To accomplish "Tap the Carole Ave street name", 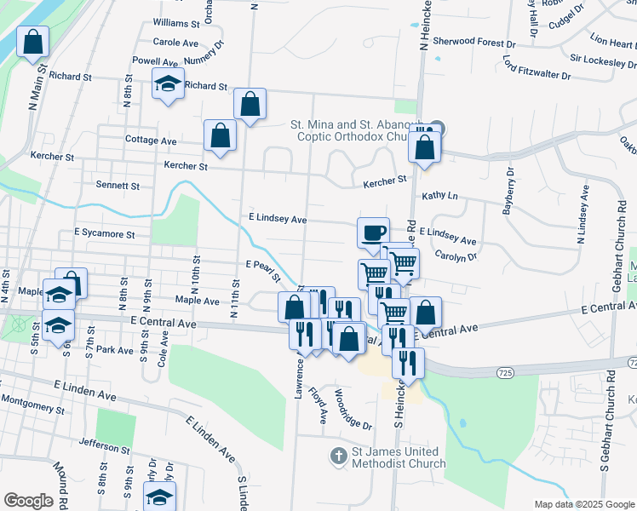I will click(x=175, y=42).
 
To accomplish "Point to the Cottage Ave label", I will click(x=150, y=141).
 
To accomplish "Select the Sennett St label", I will click(x=118, y=185).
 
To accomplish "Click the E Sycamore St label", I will click(x=104, y=233).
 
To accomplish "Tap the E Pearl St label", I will click(x=264, y=270).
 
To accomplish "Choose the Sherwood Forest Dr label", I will click(x=474, y=42).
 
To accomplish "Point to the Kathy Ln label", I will click(x=440, y=196).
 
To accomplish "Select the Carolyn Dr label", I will click(x=456, y=255).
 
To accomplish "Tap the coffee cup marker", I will click(x=372, y=232).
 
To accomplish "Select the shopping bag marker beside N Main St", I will click(x=32, y=40).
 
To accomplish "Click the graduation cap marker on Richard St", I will click(x=169, y=84).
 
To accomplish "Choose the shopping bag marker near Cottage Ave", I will click(x=220, y=135).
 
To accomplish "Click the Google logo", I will click(x=28, y=501).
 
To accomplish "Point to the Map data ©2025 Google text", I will click(x=583, y=504).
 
